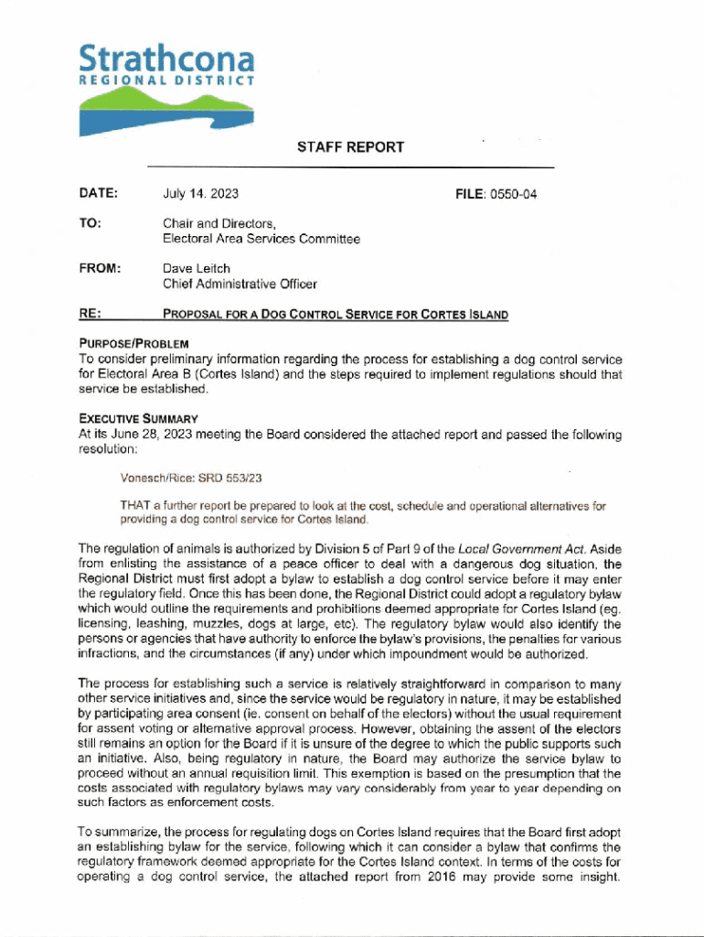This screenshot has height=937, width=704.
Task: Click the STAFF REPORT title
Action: point(350,147)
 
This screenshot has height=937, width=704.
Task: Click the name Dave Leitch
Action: point(196,269)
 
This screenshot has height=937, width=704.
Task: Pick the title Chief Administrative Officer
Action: point(240,284)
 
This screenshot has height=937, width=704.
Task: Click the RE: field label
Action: point(91,314)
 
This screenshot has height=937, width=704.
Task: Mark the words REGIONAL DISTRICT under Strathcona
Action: point(166,81)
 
